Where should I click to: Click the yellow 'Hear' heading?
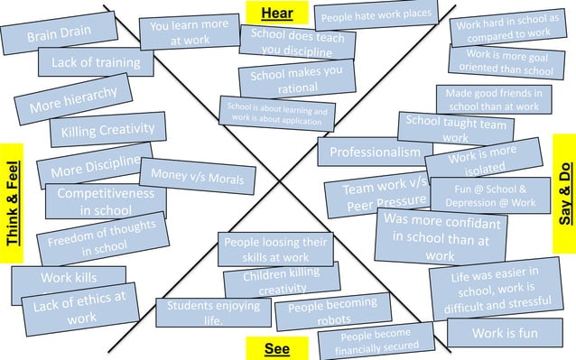pos(276,13)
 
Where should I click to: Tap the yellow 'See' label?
pos(277,348)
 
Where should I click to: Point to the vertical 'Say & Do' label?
pos(564,193)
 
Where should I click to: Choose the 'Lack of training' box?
pos(95,62)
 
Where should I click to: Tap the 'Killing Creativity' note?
pos(108,131)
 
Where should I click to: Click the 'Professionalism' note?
pos(375,152)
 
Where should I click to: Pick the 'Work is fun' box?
pos(505,333)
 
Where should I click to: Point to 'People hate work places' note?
pos(376,15)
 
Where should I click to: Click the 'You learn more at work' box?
pos(189,32)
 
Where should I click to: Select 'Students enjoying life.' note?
pos(213,312)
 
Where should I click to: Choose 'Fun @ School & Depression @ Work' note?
pos(489,196)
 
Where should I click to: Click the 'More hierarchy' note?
pos(73,100)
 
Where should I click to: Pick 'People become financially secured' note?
pos(374,340)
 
